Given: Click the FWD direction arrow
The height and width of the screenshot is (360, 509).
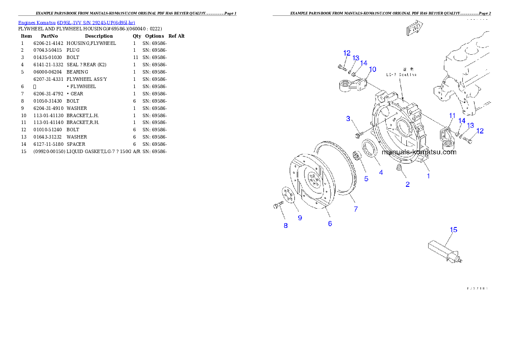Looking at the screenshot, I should pos(414,29).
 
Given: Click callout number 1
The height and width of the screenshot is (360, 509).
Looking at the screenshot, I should pos(428,175).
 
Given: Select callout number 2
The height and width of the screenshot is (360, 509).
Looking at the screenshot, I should pos(408,184).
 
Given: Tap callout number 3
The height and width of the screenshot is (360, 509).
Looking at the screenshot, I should pos(348,118).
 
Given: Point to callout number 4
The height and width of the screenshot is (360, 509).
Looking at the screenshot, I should pos(381,172).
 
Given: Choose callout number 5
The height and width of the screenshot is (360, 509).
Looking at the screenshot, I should pos(366,179).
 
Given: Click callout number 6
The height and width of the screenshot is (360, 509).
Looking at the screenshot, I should pos(330,223).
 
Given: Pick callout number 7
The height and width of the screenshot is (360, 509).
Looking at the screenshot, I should pos(355,209).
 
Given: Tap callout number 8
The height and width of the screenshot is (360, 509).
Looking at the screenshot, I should pos(286,225).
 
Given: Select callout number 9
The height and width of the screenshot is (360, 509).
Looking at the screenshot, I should pos(300,218).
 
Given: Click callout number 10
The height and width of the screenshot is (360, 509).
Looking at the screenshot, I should pos(372,69).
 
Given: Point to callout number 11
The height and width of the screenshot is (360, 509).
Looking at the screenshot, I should pos(452,115).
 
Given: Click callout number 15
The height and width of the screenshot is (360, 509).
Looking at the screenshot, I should pos(453,230).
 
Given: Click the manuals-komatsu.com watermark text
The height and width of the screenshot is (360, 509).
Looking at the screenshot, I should pos(419,152).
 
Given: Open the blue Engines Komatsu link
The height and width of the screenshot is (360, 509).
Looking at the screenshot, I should pos(77,22).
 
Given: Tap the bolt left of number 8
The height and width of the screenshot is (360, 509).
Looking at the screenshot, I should pos(277,206).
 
